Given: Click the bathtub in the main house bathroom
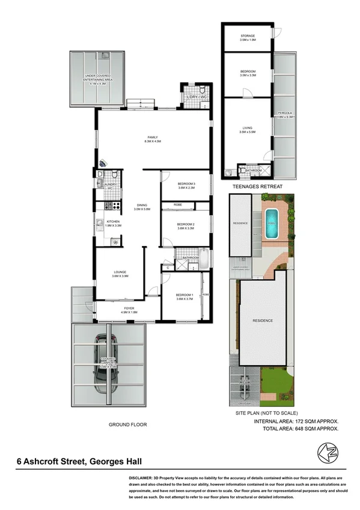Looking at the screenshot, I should pos(205,259).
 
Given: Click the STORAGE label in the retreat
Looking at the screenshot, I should pos(248,37).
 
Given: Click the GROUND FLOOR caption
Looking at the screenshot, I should pos(127,425).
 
